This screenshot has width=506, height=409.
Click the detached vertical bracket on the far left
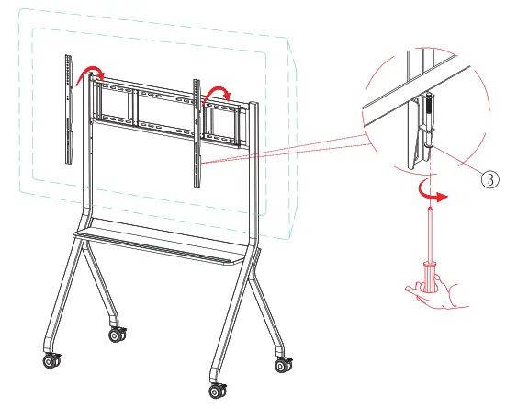click(69, 108)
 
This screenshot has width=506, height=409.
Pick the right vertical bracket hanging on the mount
click(196, 133)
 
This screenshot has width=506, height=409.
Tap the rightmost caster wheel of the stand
click(280, 366)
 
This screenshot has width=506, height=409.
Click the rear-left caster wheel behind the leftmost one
click(117, 335)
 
